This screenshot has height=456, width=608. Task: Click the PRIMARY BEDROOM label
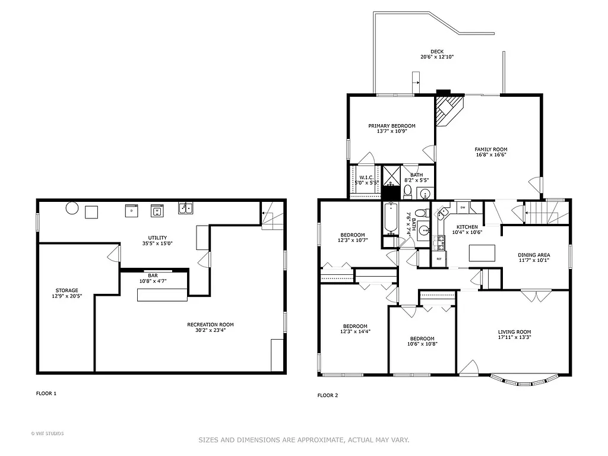391,126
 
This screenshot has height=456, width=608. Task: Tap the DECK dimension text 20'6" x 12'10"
437,57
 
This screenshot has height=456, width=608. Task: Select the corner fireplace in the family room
446,110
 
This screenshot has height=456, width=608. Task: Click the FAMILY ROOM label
490,150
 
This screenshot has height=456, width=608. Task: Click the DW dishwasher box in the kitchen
463,207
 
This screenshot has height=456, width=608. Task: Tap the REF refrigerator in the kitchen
439,259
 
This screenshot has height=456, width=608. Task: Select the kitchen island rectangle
482,254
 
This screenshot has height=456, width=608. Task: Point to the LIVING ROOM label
514,332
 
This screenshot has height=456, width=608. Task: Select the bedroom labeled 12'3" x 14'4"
354,326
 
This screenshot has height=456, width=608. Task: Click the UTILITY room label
157,238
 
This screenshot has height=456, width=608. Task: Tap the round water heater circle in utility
72,208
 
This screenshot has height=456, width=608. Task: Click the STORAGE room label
67,291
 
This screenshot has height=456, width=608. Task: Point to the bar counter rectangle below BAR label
162,294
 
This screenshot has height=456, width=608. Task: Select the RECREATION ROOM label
210,325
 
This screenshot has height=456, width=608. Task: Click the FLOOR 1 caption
46,393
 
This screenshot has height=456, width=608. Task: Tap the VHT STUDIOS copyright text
47,433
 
